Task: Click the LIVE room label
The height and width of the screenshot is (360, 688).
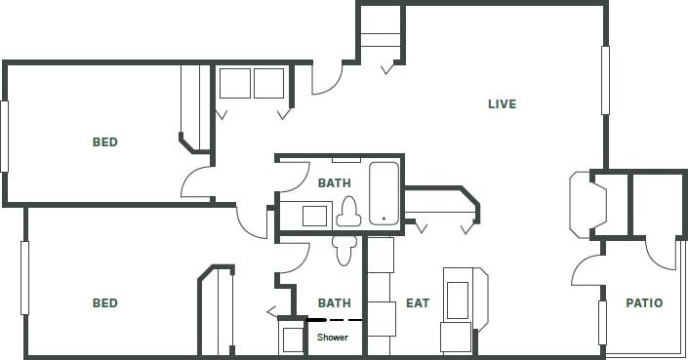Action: (x=502, y=104)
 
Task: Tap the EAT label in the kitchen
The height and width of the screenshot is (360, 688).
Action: (x=417, y=303)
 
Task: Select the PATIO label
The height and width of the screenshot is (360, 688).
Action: (x=643, y=303)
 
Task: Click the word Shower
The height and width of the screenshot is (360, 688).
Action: (x=332, y=338)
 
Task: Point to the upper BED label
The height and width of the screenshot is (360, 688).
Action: (x=104, y=142)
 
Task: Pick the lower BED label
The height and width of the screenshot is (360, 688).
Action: (x=104, y=303)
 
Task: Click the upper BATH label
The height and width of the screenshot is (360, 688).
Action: (x=334, y=182)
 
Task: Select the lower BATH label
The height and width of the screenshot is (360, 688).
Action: (x=334, y=303)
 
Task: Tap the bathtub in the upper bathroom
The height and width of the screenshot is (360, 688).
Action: (x=384, y=193)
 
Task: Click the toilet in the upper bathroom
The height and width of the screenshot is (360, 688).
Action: (x=348, y=211)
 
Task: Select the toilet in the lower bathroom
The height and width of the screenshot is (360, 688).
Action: (x=343, y=250)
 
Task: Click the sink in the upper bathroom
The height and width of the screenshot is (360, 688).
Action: (x=313, y=215)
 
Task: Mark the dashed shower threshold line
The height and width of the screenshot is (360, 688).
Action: (x=335, y=320)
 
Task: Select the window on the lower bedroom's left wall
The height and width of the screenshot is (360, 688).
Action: (x=24, y=277)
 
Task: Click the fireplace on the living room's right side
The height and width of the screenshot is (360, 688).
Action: (x=588, y=204)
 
